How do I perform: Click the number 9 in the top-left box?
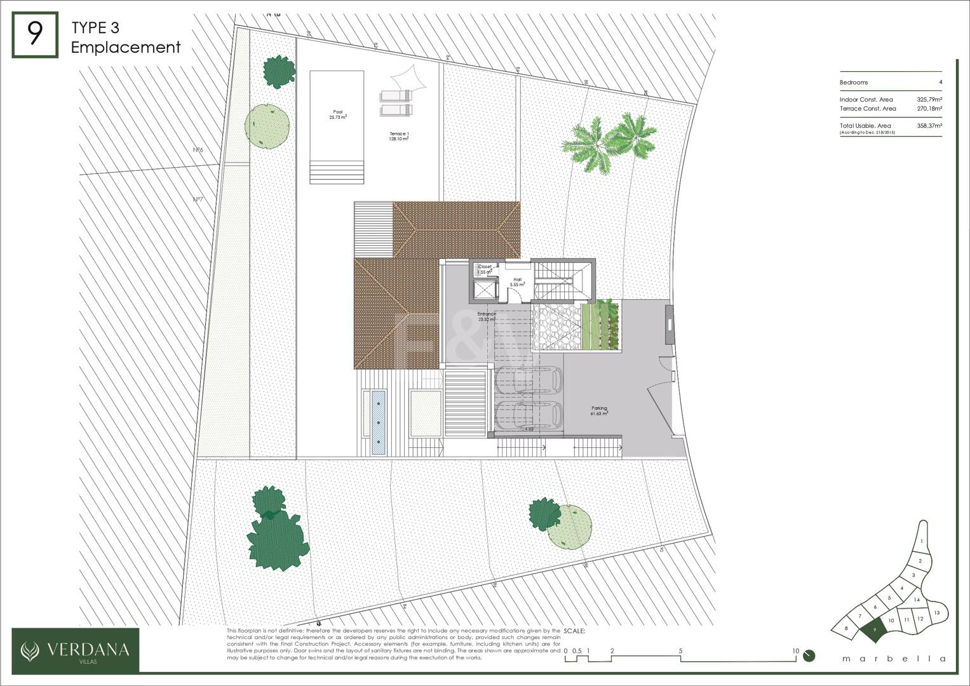coord(35,35)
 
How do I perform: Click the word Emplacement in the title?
coord(126,47)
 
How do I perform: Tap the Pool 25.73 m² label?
coord(337,114)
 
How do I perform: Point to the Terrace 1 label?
coord(399,136)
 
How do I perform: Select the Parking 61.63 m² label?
coord(599,411)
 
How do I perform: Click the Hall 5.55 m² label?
coord(517,281)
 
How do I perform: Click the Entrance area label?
coord(487,316)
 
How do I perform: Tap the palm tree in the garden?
coord(610,141)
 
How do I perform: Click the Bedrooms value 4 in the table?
coord(940,83)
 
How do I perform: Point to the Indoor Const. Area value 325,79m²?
coord(929,100)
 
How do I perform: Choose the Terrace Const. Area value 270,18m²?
coord(929,109)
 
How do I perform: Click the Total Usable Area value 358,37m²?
coord(929,126)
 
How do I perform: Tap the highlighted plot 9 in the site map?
coord(875,629)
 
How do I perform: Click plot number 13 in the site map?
coord(936,612)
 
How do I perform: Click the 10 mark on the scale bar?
coord(795,650)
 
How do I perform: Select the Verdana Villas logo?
coord(76,650)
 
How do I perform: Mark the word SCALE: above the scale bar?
coord(574,631)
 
